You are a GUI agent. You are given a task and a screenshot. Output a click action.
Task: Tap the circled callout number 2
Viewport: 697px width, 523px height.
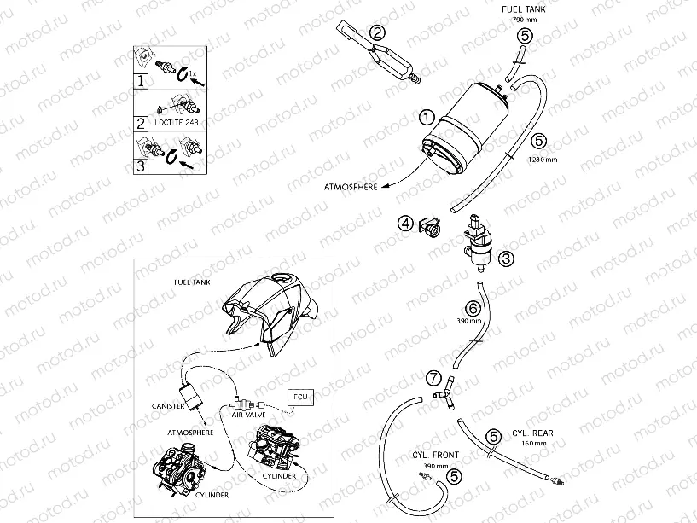coord(377,34)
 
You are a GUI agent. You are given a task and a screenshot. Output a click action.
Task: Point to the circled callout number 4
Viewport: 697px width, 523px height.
coord(406,224)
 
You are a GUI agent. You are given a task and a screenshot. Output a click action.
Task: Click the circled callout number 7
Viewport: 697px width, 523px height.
coord(434,376)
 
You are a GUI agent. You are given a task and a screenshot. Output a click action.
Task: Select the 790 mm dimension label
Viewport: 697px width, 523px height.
coord(523,19)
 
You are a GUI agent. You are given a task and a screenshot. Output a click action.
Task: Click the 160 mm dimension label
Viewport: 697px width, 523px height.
coord(532,443)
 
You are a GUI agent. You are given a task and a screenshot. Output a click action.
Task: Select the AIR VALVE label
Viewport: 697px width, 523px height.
coord(250,413)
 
